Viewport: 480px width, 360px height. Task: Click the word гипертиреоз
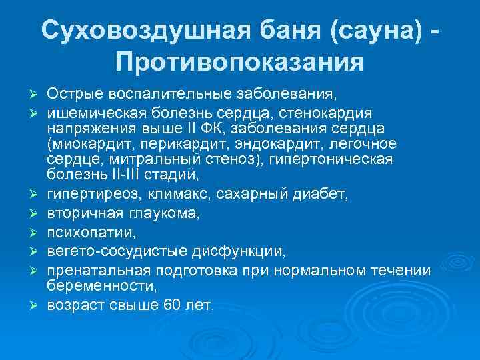point(83,195)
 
